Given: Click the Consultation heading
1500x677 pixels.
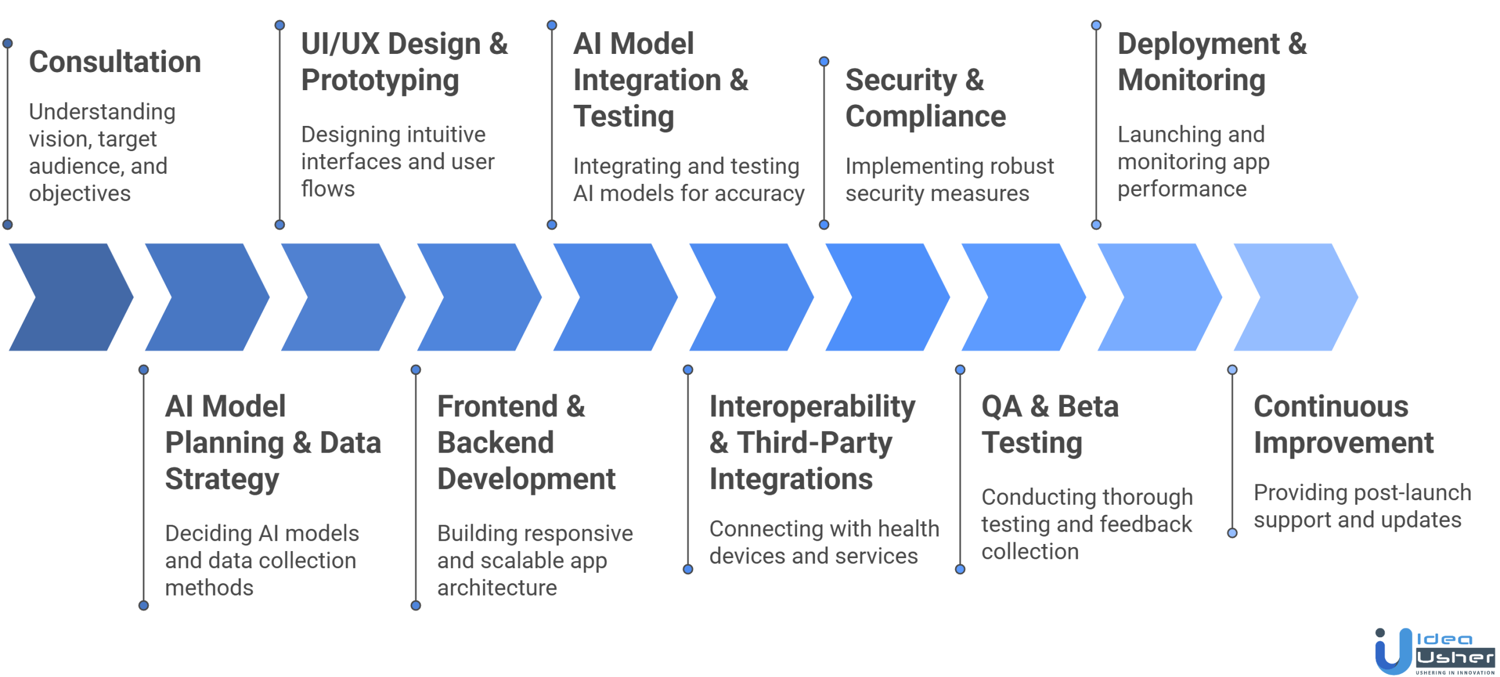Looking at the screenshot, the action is (x=115, y=62).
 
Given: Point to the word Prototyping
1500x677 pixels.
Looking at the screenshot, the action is (x=380, y=81).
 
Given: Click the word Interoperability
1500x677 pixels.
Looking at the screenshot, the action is (x=812, y=407).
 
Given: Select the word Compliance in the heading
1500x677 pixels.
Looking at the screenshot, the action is (x=925, y=117).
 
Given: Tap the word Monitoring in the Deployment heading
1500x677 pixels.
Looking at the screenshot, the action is (x=1191, y=81).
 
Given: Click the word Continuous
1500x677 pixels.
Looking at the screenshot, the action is (x=1331, y=406).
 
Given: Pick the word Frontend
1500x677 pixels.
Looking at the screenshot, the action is (x=497, y=406).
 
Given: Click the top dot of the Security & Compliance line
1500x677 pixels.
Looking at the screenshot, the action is (x=824, y=61).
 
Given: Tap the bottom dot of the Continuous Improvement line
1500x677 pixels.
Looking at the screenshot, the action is (x=1232, y=533).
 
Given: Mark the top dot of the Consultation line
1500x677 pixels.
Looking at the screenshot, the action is (x=8, y=43).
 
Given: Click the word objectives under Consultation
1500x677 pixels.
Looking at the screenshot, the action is (x=80, y=194).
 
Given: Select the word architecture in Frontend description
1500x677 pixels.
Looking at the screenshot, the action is (x=497, y=587).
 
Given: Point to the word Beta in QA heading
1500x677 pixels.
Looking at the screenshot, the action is (x=1087, y=406).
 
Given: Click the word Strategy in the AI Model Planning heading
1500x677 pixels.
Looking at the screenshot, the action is (x=222, y=480).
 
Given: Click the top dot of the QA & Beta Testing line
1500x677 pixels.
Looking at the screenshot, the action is (x=960, y=370).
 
